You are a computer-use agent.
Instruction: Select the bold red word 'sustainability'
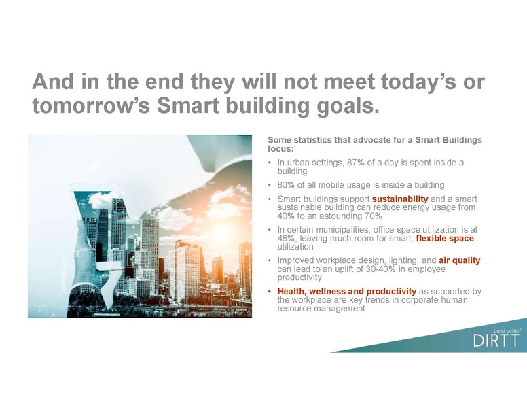click(400, 199)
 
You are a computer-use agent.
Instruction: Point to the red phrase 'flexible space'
click(445, 239)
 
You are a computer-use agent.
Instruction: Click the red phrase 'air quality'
click(460, 260)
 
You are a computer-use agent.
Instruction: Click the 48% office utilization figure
click(287, 239)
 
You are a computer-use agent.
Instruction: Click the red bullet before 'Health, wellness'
click(270, 292)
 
